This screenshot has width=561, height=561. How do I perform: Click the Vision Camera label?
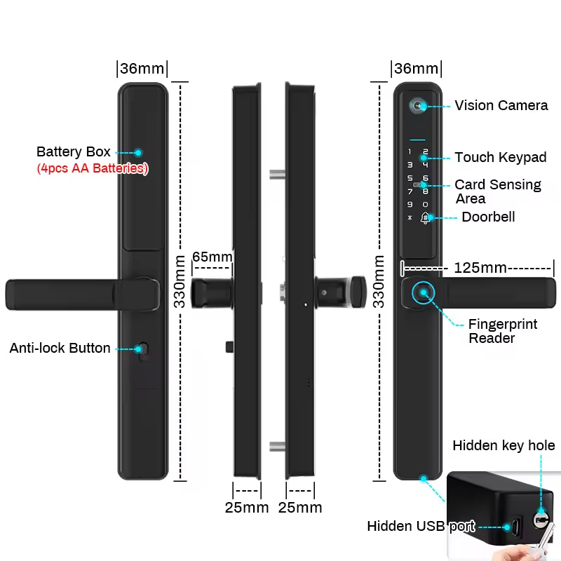[501, 105]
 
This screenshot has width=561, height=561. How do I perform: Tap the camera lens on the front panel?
[418, 105]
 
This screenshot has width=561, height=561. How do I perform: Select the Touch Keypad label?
[500, 157]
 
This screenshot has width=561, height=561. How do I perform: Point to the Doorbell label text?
[488, 217]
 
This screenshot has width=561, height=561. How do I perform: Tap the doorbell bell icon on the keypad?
[425, 217]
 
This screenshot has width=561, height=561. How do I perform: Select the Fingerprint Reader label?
[503, 331]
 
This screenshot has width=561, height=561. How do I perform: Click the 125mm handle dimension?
[480, 267]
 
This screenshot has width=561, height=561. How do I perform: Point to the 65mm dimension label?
[212, 257]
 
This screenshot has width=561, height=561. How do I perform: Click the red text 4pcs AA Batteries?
[92, 168]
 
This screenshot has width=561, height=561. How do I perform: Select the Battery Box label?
[73, 151]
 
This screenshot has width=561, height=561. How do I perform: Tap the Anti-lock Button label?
[60, 348]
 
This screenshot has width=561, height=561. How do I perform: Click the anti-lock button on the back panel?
[144, 349]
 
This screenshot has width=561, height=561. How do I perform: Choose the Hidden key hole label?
[503, 445]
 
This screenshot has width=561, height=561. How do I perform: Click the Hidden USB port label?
[421, 526]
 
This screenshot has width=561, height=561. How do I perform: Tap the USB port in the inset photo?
[516, 526]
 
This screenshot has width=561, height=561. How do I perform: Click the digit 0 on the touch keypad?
[425, 204]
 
